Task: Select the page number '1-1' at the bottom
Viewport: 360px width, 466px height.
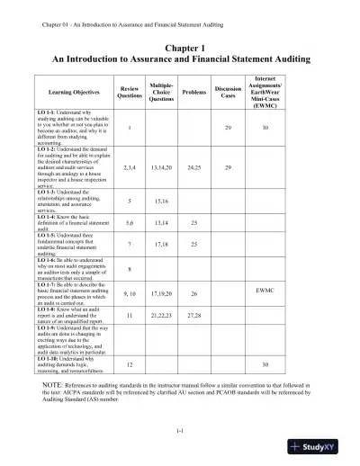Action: [x=180, y=432]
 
